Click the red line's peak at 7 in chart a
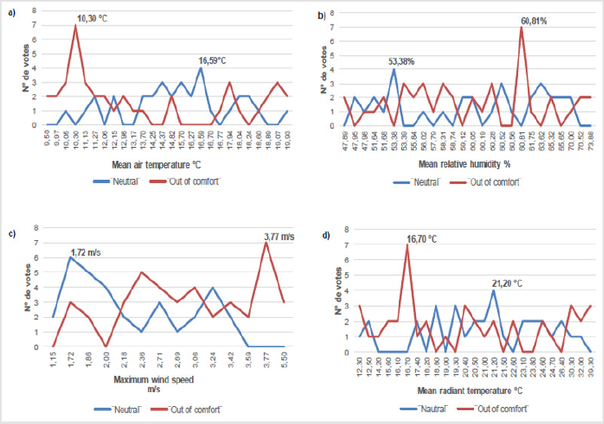[x=76, y=26]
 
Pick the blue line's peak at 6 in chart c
[x=70, y=258]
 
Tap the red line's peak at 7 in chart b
[x=521, y=27]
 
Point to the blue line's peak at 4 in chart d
[x=494, y=290]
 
